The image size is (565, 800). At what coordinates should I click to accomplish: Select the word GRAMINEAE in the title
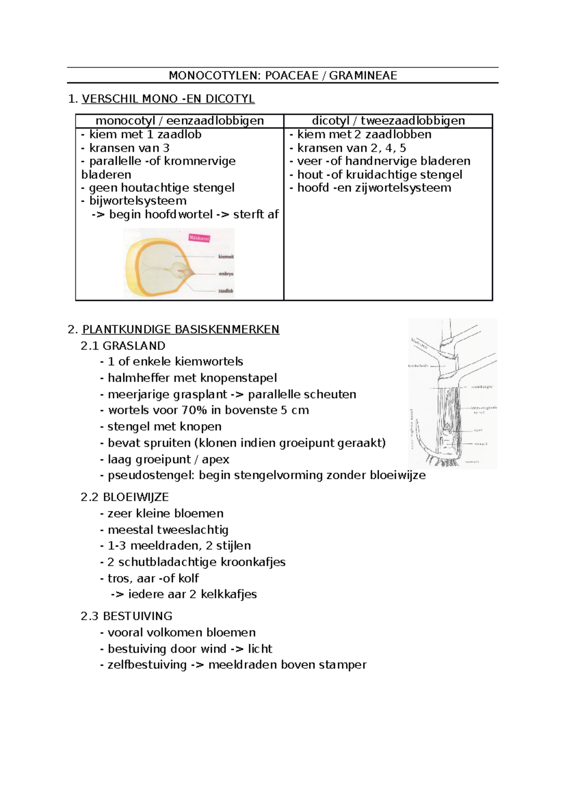(363, 76)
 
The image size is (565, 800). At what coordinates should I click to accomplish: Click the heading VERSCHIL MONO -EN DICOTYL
(168, 99)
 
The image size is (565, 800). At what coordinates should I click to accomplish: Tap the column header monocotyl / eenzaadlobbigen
(179, 121)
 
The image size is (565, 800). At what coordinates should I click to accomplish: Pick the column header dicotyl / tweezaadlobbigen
(388, 121)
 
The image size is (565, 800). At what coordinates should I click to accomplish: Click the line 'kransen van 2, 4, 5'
(351, 148)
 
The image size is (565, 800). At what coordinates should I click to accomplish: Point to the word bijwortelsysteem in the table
(137, 201)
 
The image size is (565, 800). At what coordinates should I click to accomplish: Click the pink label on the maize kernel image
(199, 238)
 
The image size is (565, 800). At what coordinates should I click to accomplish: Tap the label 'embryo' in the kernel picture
(226, 274)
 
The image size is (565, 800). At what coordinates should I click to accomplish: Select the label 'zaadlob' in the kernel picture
(226, 291)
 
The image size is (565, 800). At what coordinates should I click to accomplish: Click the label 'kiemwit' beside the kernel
(226, 257)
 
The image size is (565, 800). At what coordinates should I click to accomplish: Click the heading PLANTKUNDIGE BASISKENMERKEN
(180, 329)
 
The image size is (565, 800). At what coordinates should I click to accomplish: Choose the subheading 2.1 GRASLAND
(123, 346)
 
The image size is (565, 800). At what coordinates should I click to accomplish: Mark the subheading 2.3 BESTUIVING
(127, 616)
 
